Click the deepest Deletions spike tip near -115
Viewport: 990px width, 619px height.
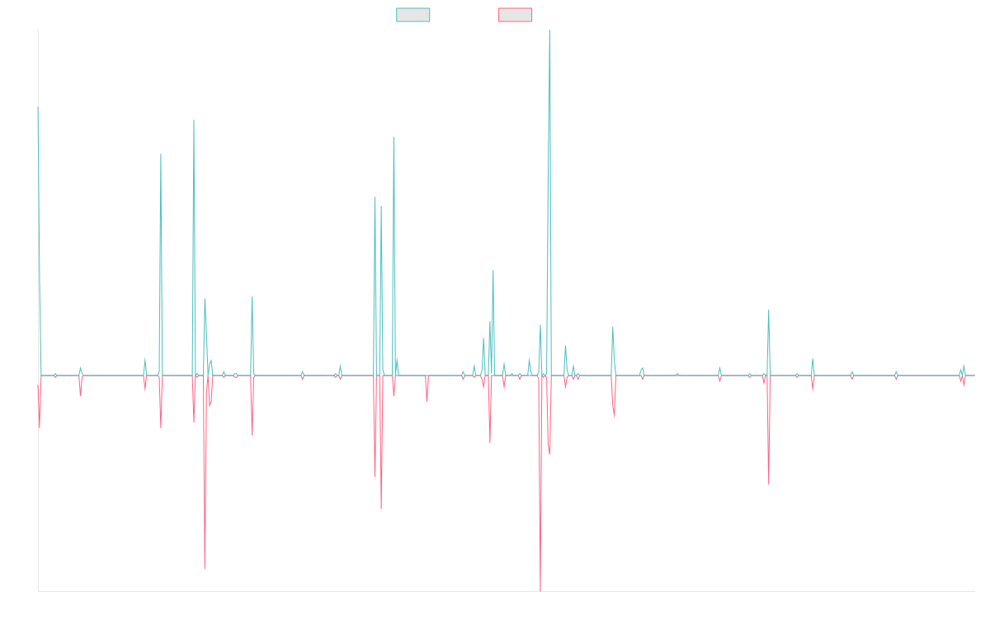coord(540,590)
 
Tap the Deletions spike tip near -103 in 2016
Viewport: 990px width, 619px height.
coord(205,569)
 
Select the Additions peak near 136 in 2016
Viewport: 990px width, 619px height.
coord(194,120)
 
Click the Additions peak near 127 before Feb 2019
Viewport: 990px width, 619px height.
coord(394,137)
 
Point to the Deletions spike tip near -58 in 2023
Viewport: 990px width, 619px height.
coord(769,484)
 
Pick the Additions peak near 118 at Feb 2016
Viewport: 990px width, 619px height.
coord(160,154)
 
